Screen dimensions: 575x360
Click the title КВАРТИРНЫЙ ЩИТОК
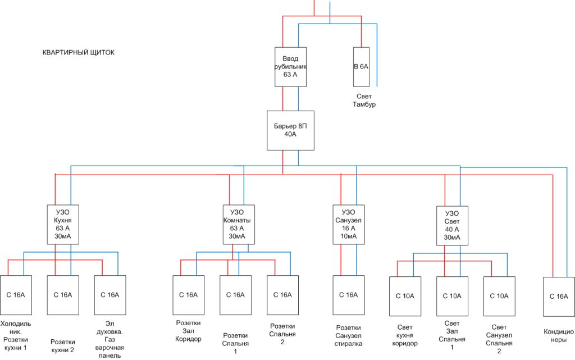click(x=79, y=52)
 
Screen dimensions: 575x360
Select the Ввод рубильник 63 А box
click(x=290, y=67)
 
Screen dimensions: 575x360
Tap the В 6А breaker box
click(x=361, y=67)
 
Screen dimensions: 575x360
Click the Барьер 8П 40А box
click(x=290, y=130)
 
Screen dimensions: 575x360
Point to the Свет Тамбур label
click(x=364, y=100)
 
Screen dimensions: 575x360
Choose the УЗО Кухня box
click(x=63, y=224)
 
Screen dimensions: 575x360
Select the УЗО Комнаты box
click(x=239, y=224)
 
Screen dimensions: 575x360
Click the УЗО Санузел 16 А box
click(x=349, y=224)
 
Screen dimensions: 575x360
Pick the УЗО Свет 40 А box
click(x=452, y=225)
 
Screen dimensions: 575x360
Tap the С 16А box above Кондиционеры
click(x=559, y=297)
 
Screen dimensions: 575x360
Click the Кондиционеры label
click(x=559, y=336)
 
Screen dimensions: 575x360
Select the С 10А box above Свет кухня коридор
click(x=405, y=296)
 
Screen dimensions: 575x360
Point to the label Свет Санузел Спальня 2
click(x=499, y=339)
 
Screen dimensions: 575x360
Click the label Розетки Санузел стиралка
click(x=348, y=335)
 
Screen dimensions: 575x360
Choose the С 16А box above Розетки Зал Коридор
click(x=189, y=295)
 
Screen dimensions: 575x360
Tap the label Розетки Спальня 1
click(x=235, y=343)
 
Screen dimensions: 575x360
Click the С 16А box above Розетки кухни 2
click(x=63, y=295)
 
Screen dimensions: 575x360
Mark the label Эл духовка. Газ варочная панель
click(x=109, y=339)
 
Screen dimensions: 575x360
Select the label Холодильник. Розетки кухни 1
click(x=15, y=336)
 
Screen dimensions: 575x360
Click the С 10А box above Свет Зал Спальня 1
click(x=452, y=296)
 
